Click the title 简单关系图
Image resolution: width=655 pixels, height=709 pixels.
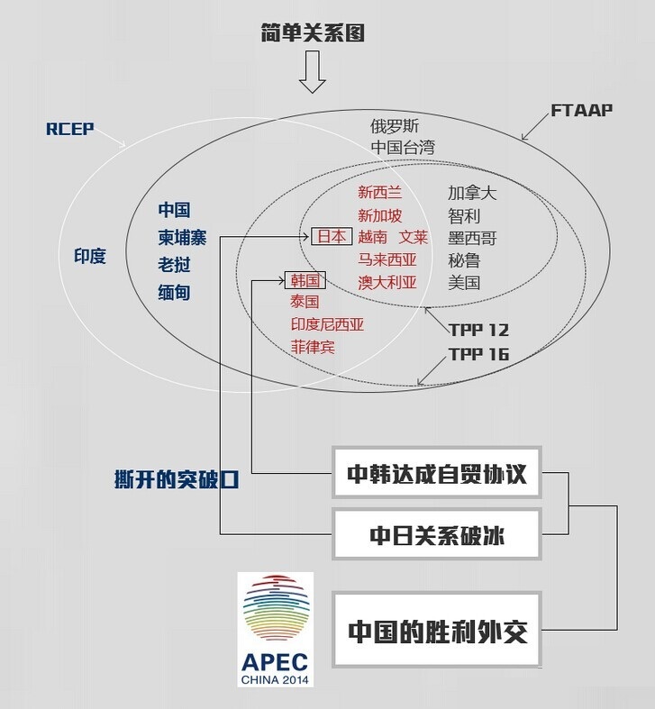tap(312, 35)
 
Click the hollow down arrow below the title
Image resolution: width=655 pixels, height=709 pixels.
tap(312, 73)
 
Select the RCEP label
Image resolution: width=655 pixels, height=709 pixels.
tap(70, 129)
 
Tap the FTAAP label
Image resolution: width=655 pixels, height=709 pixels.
tap(581, 110)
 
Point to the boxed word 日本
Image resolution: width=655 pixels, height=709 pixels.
tap(331, 237)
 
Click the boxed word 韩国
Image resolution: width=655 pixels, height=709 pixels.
tap(305, 280)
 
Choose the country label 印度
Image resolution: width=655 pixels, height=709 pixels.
tap(89, 257)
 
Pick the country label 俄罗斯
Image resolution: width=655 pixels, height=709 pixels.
tap(395, 126)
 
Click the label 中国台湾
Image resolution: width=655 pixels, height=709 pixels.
tap(402, 147)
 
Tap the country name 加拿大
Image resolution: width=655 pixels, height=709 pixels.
tap(472, 193)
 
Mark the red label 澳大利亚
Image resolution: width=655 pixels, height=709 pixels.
tap(387, 282)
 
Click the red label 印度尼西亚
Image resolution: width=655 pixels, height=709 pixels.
tap(327, 324)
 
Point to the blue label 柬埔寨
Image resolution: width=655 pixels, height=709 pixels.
tap(183, 238)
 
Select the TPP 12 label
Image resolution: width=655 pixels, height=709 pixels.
tap(479, 329)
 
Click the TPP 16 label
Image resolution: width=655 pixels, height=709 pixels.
tap(479, 354)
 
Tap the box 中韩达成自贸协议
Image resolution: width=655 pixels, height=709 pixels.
tap(437, 472)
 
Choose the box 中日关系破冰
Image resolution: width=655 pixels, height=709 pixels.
tap(437, 535)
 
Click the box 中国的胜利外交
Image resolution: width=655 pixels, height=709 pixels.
tap(437, 630)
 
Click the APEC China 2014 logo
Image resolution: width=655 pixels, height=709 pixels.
tap(275, 629)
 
